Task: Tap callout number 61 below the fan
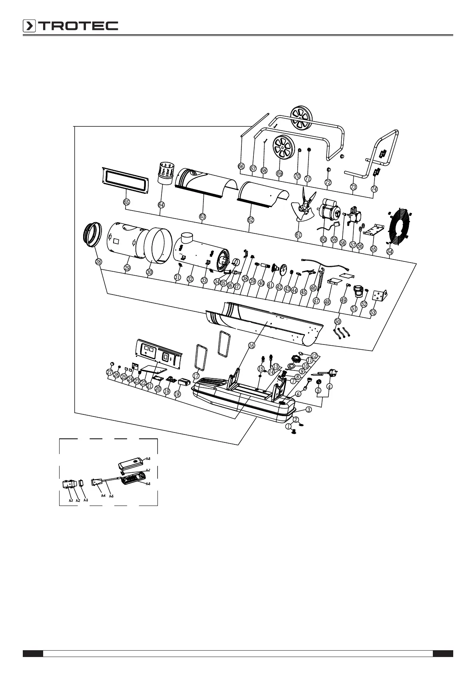[x=299, y=235]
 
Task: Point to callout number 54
[x=390, y=251]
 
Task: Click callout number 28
[x=99, y=262]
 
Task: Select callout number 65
[x=126, y=202]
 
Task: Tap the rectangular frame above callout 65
[x=123, y=182]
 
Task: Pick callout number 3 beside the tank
[x=309, y=409]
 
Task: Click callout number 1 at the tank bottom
[x=289, y=426]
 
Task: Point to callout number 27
[x=110, y=372]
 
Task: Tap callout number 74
[x=374, y=189]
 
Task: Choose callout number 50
[x=338, y=321]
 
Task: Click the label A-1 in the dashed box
[x=70, y=500]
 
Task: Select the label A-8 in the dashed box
[x=148, y=458]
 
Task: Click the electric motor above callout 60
[x=330, y=211]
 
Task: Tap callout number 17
[x=196, y=376]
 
